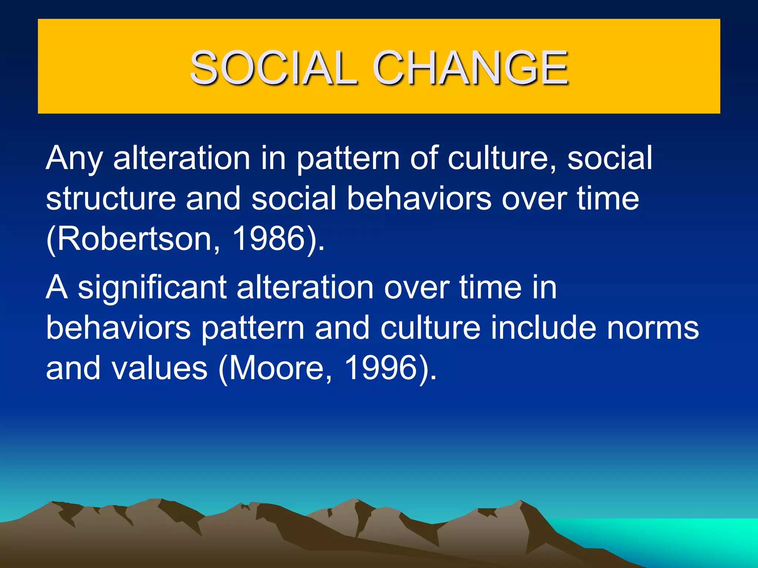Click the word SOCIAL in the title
click(273, 67)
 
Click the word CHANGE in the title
click(470, 67)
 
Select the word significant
click(152, 288)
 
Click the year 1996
click(381, 368)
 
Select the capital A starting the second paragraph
click(57, 288)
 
